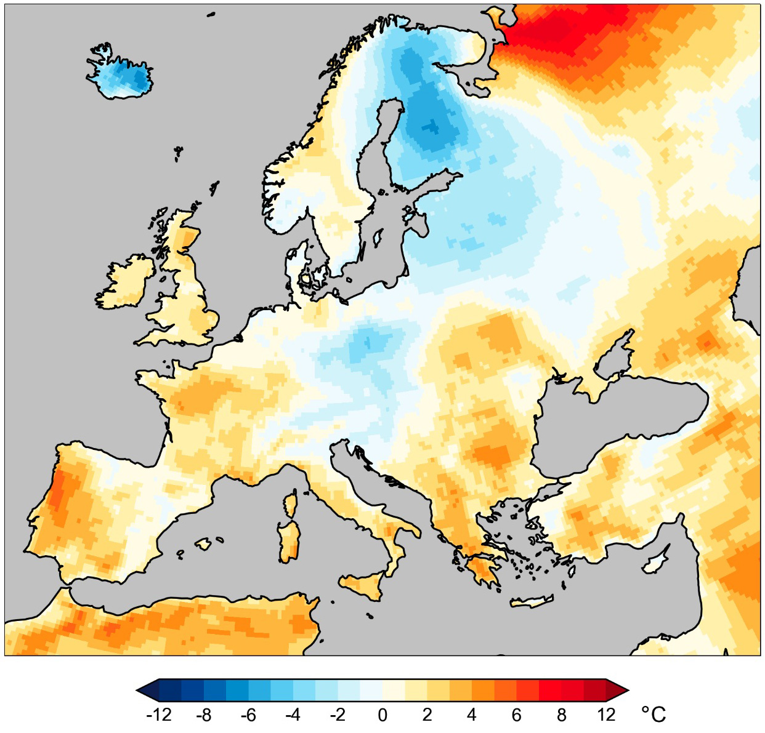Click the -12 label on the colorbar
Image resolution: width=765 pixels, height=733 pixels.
pos(158,715)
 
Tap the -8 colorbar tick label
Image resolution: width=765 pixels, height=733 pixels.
pos(203,715)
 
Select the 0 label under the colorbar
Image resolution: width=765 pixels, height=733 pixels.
pos(382,715)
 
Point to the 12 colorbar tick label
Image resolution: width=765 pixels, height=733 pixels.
pos(606,715)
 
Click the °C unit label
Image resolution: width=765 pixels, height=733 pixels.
pos(654,715)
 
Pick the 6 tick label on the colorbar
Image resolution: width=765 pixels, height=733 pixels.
pos(516,715)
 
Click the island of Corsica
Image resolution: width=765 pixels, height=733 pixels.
pos(289,505)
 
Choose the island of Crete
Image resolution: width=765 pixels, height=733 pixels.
pos(532,602)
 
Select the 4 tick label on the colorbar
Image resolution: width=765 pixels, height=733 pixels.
pos(472,715)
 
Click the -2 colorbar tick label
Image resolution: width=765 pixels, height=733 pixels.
pos(338,715)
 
